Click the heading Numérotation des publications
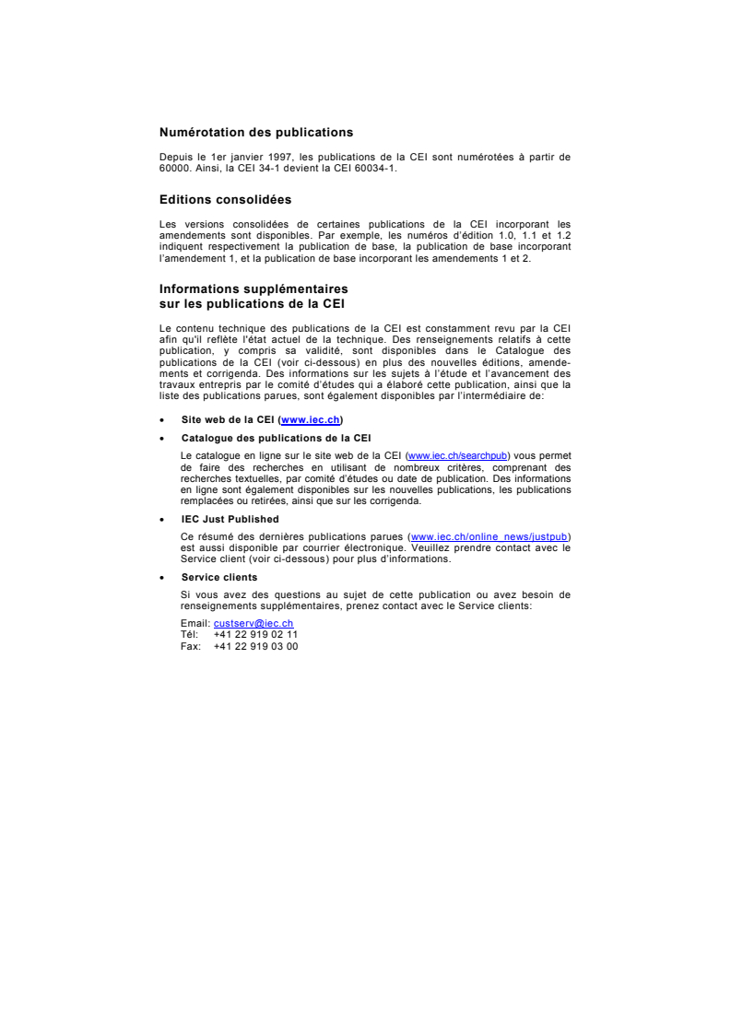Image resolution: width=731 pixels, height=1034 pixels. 256,133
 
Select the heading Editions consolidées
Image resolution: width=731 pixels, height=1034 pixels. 225,199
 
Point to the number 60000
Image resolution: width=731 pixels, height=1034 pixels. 172,167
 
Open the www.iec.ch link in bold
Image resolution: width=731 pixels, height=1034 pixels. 311,419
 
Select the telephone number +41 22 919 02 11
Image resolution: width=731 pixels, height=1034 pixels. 255,635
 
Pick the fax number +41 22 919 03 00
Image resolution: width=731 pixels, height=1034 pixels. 255,646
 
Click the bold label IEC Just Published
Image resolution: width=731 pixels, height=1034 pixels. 230,520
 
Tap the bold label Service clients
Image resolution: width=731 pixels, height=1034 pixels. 219,578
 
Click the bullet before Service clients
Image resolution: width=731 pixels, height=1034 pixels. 161,579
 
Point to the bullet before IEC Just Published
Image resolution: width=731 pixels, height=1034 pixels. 161,521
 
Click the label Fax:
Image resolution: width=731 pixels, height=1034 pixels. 190,646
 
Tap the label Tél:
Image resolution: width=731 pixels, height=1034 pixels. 190,635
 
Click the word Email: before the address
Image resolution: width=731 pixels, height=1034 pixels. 195,624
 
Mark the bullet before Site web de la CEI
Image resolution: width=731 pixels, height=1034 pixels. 161,420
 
